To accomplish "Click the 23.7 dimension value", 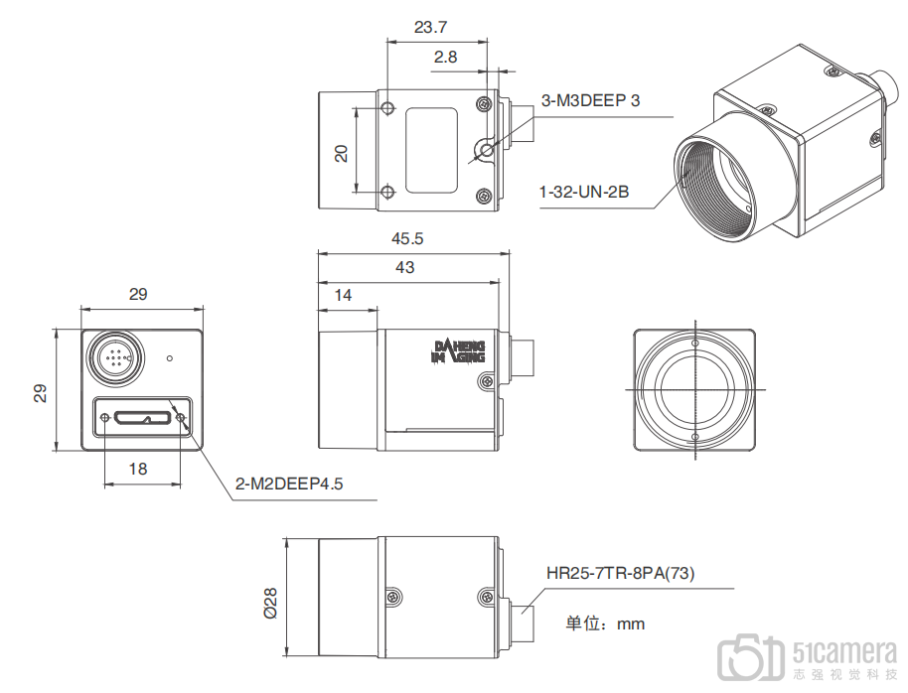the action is click(x=430, y=27).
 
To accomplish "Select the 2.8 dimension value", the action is click(x=445, y=57).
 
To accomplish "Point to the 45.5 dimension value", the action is click(x=407, y=238).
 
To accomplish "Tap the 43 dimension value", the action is click(x=404, y=267).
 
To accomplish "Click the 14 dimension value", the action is click(x=343, y=295).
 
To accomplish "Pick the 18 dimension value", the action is click(x=138, y=469).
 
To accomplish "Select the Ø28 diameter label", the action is click(x=270, y=604).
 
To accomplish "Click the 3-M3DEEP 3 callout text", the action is click(x=590, y=100).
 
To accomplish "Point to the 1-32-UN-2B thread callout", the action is click(x=584, y=192).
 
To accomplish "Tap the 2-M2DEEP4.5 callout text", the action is click(x=289, y=484).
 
